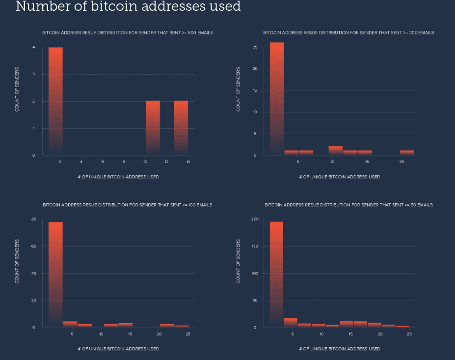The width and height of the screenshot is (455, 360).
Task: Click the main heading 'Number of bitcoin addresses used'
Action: [x=128, y=7]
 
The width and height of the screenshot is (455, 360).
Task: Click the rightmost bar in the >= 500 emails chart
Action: [x=181, y=128]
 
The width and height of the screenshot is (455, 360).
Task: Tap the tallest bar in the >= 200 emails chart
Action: [x=277, y=98]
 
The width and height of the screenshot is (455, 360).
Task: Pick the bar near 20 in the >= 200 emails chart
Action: [x=407, y=152]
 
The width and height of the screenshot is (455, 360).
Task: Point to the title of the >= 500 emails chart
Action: [x=127, y=33]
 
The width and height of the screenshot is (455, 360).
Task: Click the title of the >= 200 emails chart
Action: [x=348, y=33]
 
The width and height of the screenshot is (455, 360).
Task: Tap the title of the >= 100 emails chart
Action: [x=127, y=205]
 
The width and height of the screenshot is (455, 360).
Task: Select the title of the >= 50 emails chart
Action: [x=348, y=205]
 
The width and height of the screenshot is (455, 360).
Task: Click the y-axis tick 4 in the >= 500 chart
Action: [x=34, y=47]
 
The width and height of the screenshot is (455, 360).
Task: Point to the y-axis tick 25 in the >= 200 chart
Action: [x=255, y=47]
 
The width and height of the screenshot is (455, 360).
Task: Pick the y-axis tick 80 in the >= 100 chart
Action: [x=33, y=219]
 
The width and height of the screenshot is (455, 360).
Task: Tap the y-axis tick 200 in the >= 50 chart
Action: [x=254, y=219]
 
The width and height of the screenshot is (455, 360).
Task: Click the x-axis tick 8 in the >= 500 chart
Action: [x=124, y=162]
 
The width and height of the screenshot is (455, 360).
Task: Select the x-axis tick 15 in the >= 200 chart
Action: [x=367, y=162]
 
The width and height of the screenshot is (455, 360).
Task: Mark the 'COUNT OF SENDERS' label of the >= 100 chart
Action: [x=17, y=261]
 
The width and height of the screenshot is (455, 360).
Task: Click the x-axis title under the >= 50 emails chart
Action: [x=339, y=349]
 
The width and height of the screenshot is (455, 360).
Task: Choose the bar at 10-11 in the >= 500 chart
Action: [x=153, y=128]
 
